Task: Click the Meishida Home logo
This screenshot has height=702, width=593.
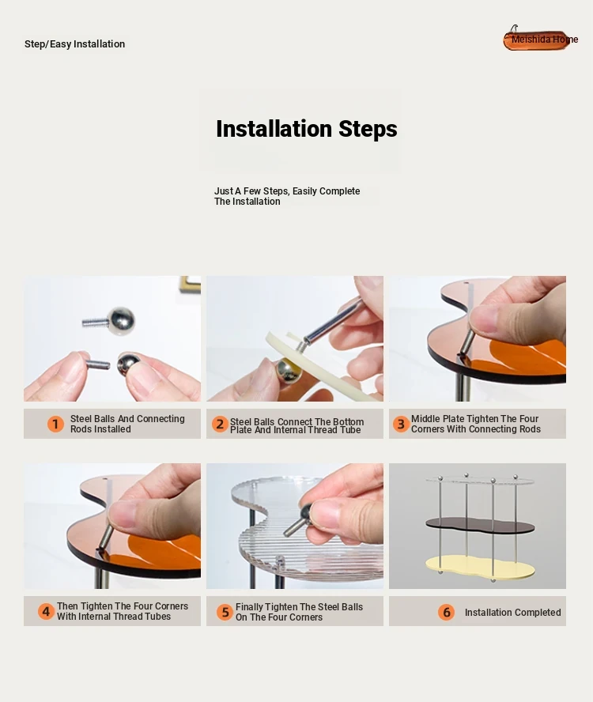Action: [540, 39]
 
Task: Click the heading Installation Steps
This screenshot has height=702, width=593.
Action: [306, 129]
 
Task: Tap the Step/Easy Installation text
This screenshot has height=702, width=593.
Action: [75, 44]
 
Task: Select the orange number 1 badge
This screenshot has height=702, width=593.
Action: [55, 424]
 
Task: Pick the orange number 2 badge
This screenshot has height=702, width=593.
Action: [220, 424]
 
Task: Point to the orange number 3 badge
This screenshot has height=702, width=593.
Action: [401, 424]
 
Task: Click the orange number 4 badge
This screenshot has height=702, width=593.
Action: [46, 611]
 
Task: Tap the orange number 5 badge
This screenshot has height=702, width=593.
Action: [225, 612]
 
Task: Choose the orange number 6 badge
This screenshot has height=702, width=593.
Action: [446, 612]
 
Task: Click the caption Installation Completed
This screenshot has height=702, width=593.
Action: [512, 612]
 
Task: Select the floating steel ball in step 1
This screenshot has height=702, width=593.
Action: [120, 320]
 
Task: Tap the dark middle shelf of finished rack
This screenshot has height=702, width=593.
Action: [480, 525]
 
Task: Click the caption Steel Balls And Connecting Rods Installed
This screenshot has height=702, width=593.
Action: [127, 424]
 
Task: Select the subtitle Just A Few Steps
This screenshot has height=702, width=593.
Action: [287, 196]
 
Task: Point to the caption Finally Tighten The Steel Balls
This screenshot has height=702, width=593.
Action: [299, 612]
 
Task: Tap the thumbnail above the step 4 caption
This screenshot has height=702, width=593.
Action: [112, 526]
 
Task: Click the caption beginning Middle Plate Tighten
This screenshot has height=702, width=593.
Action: [476, 424]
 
